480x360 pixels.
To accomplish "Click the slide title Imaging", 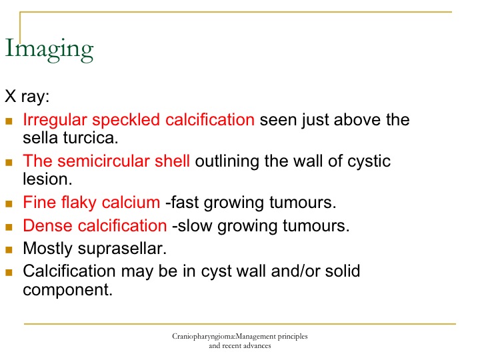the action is click(49, 50).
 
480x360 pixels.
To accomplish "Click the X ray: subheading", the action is click(27, 97).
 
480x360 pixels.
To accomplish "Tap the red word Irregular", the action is click(55, 120).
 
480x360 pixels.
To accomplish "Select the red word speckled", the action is click(126, 120).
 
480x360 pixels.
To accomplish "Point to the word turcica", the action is click(91, 138).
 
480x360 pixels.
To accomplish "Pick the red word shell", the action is click(173, 161).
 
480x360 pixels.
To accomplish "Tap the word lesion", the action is click(47, 179).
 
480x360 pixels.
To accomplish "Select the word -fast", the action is click(182, 203).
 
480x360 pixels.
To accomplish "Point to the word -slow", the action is click(192, 225).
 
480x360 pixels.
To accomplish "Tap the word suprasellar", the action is click(122, 249).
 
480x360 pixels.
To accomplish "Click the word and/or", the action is click(295, 271).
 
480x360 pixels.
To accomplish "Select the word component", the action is click(67, 290).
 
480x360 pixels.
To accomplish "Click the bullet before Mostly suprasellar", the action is click(9, 250).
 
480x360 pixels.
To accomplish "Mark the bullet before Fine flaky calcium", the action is click(9, 204).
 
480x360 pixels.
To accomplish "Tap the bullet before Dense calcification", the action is click(9, 227).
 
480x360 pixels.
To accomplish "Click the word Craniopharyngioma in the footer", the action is click(203, 337).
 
